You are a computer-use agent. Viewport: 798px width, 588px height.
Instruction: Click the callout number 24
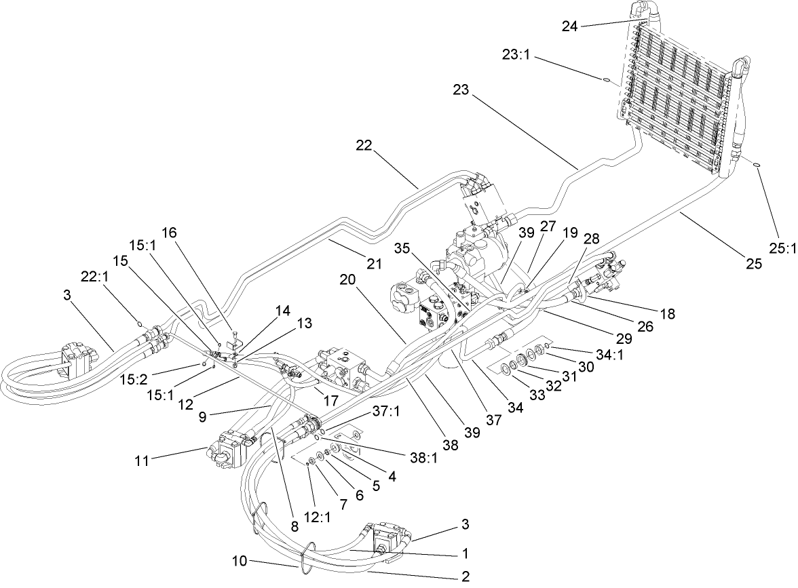[x=570, y=26]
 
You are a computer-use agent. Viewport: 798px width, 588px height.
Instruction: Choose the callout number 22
[x=365, y=146]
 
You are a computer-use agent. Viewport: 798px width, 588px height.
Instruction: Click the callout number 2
[x=465, y=577]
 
